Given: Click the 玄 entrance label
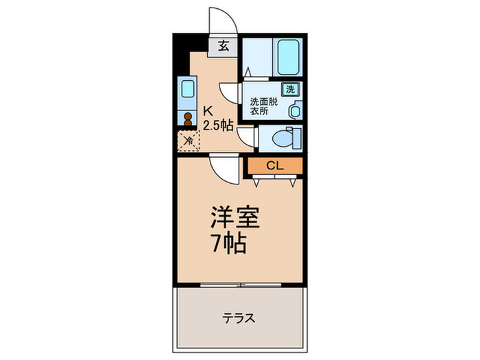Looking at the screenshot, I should pos(223,47).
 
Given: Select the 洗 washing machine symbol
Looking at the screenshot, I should pos(289,88).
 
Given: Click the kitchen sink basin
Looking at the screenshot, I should pos(187,89).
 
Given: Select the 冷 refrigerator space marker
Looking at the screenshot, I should pos(187,141).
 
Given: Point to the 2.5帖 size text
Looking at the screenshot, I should pos(217,125).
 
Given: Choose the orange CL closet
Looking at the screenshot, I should pos(274,165).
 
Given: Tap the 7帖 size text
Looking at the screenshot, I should pos(228,244).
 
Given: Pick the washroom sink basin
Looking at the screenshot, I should pos(294,110).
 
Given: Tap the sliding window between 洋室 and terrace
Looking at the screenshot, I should pos(240,283).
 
